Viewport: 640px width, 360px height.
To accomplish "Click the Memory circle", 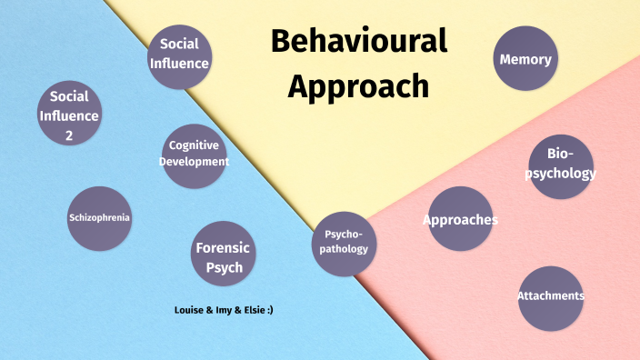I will (x=525, y=60).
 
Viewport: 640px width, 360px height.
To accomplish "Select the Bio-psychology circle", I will (x=560, y=163).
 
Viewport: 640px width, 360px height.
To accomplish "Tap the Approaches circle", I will (x=460, y=219).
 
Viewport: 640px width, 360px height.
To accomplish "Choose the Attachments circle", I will (x=550, y=296).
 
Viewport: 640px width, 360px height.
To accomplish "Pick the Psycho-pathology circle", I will (x=345, y=241).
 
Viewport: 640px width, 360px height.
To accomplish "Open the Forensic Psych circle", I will (x=222, y=254).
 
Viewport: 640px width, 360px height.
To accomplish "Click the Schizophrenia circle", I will (x=99, y=218).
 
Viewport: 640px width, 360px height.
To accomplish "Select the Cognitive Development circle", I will (x=194, y=155).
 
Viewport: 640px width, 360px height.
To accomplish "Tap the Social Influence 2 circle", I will (x=69, y=115).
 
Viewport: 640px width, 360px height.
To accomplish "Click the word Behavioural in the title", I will (x=358, y=41).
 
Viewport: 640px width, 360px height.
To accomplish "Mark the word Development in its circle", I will (x=194, y=162).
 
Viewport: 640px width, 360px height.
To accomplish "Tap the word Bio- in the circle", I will (x=560, y=153).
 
